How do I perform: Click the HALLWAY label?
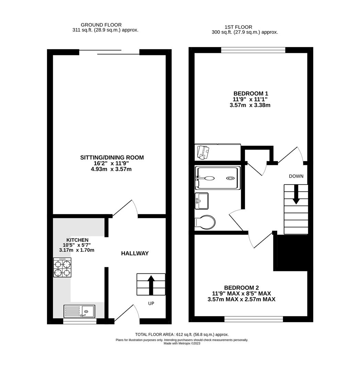tap(135, 254)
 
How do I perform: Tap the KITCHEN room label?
tap(77, 240)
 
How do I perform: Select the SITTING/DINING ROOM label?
tap(112, 158)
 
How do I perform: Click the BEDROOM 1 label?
tap(251, 93)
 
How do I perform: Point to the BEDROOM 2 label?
tap(241, 288)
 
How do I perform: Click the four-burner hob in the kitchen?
tap(63, 268)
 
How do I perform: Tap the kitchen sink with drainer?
tap(80, 311)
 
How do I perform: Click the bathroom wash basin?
tap(202, 201)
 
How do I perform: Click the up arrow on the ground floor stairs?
tap(150, 284)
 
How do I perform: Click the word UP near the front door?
tap(151, 304)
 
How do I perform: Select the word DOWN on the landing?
tap(296, 176)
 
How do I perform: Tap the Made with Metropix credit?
tap(182, 343)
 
